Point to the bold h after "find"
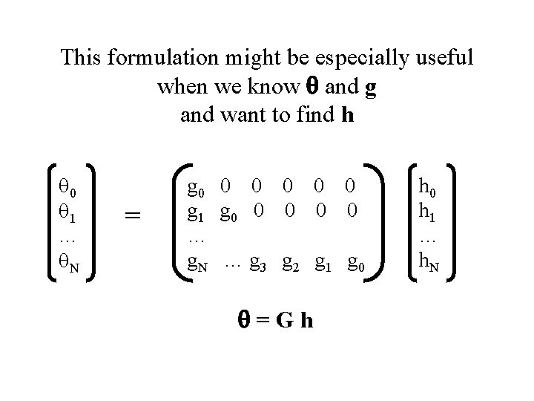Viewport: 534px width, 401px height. (347, 116)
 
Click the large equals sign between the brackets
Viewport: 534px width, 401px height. (133, 215)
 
